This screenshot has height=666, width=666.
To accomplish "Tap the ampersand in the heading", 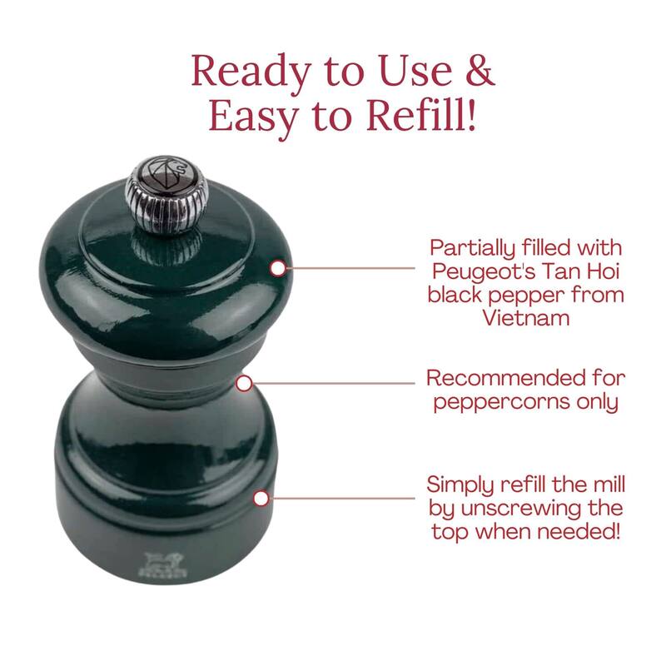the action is [480, 70].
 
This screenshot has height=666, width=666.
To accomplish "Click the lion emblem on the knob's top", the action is [167, 171].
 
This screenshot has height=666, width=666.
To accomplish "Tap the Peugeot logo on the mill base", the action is [163, 565].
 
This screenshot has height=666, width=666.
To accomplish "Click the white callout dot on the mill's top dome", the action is [278, 268].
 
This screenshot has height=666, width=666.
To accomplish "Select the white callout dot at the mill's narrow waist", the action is [244, 384].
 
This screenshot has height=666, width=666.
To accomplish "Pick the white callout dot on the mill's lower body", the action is [261, 498].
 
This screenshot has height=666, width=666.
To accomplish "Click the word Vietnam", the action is [526, 318].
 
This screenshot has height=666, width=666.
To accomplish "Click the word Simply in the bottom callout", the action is [460, 486].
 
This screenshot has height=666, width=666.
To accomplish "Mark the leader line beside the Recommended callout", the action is [334, 383].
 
